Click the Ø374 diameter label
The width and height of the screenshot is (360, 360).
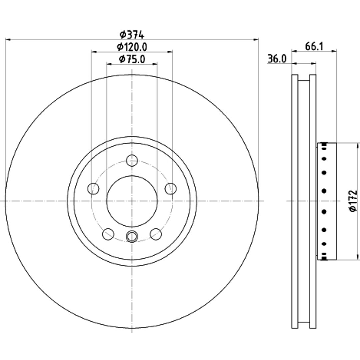point(132,35)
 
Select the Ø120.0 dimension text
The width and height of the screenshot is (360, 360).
point(132,47)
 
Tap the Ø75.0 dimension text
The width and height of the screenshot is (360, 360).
point(132,59)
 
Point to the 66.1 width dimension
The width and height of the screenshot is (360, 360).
point(314,47)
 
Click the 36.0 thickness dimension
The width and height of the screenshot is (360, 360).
point(277,59)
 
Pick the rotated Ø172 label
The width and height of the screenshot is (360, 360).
point(353,201)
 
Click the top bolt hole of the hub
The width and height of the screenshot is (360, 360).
point(132,160)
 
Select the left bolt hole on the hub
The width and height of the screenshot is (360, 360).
point(93,189)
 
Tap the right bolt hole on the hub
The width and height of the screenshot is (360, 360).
point(171,189)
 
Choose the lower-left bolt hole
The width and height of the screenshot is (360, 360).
point(108,234)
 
